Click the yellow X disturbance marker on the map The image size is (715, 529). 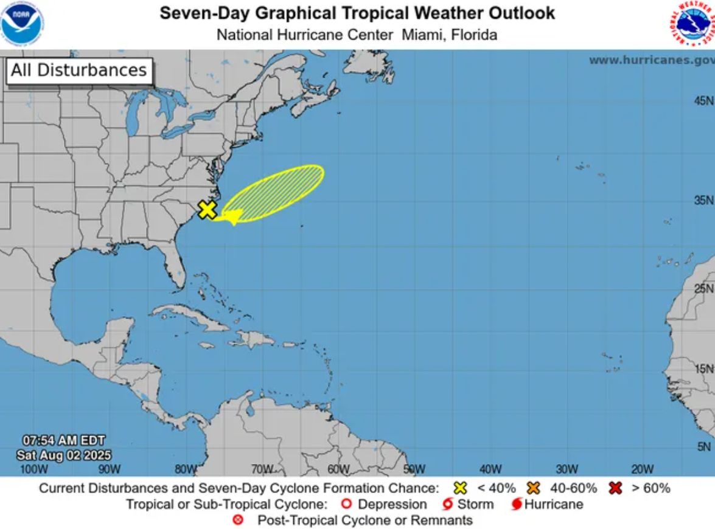208,210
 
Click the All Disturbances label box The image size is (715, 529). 78,71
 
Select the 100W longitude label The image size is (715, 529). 33,469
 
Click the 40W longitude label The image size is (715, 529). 490,469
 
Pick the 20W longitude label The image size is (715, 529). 642,469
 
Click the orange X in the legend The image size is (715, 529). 534,488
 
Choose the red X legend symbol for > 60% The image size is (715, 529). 615,488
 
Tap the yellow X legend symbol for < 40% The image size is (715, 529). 461,488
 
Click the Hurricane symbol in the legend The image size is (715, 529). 517,505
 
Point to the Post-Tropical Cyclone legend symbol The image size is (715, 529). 239,520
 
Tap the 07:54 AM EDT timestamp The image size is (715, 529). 64,440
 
